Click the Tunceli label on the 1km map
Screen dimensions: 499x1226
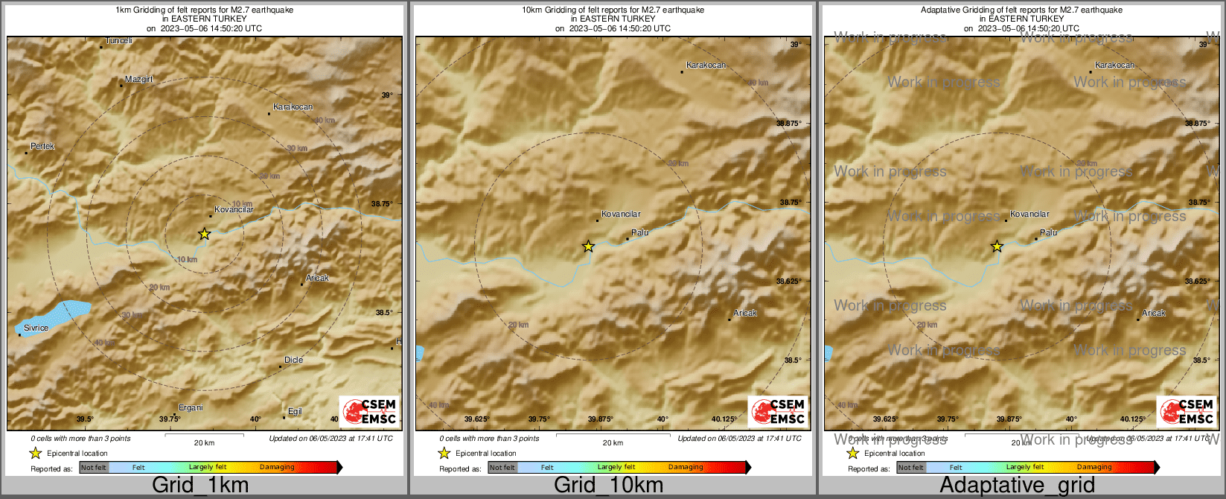coord(118,41)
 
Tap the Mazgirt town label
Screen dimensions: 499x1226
coord(138,79)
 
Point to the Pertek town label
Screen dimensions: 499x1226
coord(42,147)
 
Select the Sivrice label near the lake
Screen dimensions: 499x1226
coord(36,328)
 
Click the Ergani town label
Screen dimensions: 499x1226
coord(191,407)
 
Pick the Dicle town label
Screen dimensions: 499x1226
coord(293,360)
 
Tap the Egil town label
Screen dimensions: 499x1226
coord(295,412)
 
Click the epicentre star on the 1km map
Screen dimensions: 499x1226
coord(204,234)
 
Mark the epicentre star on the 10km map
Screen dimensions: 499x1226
coord(588,246)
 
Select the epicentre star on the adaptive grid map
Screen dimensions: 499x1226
coord(997,247)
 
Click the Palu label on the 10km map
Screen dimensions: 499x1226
coord(639,233)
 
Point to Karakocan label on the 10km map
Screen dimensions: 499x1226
coord(706,66)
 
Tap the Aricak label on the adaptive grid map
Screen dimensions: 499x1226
coord(1154,313)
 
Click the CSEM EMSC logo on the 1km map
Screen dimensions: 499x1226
coord(369,411)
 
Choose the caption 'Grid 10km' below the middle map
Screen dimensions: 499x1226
coord(608,486)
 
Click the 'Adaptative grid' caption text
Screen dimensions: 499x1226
coord(1017,486)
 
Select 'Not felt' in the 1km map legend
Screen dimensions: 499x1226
coord(94,468)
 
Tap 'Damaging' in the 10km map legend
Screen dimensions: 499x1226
coord(686,468)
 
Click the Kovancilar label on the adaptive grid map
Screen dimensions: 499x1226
coord(1029,214)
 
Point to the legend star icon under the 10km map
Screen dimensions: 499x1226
coord(444,453)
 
